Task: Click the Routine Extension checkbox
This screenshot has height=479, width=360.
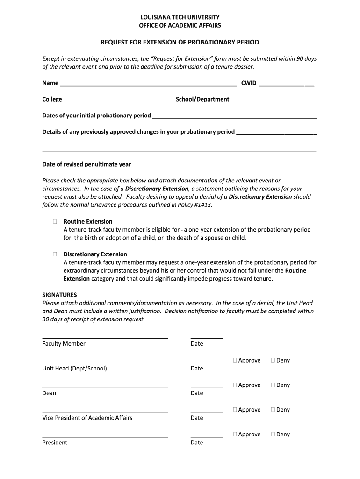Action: pos(55,221)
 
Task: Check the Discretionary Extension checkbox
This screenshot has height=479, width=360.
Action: pos(55,254)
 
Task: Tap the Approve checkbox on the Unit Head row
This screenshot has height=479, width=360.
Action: pos(235,360)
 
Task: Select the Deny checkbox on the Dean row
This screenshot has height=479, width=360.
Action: pos(273,385)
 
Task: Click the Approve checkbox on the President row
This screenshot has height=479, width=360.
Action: pos(235,435)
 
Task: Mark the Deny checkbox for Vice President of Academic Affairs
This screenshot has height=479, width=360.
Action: pos(273,410)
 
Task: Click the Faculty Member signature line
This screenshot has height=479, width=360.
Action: pos(105,337)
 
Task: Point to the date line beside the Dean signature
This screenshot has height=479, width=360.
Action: pos(207,387)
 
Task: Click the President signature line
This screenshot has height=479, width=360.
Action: pos(105,436)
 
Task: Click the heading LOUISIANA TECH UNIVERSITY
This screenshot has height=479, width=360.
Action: pos(180,17)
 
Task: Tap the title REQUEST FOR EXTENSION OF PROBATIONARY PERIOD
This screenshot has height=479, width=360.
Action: pos(180,43)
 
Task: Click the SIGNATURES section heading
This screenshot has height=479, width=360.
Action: pos(59,295)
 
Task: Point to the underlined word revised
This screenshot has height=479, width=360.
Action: pos(73,164)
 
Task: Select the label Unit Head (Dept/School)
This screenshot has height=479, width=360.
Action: pos(75,368)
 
